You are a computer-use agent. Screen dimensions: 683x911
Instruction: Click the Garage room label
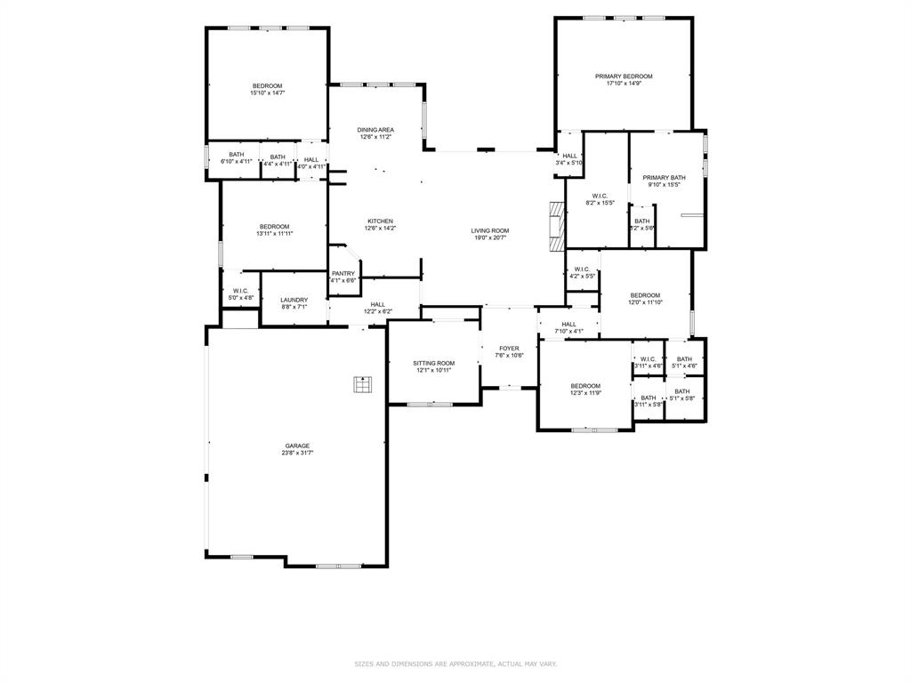click(298, 446)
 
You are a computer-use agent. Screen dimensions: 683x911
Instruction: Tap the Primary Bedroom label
click(624, 76)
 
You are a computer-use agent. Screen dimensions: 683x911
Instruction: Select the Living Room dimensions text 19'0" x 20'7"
click(490, 237)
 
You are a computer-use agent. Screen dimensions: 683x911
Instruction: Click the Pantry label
click(343, 273)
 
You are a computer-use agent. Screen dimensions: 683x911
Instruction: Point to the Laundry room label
click(294, 300)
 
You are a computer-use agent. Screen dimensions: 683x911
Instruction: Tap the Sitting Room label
click(434, 363)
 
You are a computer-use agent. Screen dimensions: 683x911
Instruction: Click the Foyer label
click(509, 349)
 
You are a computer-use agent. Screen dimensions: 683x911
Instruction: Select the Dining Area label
click(376, 130)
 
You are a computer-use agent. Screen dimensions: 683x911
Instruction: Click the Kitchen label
click(381, 221)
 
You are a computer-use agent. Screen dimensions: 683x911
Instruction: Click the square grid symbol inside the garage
click(362, 384)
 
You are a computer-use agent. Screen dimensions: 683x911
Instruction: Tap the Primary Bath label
click(665, 178)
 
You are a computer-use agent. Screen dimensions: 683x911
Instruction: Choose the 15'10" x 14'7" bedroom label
click(267, 86)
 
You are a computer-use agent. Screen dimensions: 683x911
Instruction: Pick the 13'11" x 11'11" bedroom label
click(274, 227)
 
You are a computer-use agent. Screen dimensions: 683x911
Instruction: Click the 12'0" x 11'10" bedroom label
click(646, 295)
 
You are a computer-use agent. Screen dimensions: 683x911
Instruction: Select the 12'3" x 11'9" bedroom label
click(585, 386)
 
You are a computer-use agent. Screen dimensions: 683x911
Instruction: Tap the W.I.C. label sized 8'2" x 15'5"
click(600, 196)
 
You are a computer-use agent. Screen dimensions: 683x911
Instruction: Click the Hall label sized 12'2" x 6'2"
click(378, 304)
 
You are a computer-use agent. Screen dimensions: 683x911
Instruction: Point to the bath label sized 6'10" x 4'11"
click(237, 155)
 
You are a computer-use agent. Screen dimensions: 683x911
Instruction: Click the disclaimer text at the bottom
click(455, 663)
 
